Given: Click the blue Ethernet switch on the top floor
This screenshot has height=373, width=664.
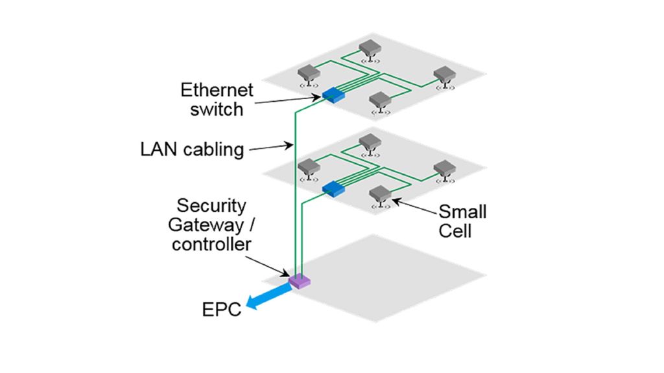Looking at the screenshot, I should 333,96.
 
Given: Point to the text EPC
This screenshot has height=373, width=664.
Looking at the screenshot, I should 220,310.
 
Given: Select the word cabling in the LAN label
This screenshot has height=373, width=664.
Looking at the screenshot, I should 213,150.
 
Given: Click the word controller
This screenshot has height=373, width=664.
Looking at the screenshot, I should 211,244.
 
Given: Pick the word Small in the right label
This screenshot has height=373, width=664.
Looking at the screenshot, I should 462,212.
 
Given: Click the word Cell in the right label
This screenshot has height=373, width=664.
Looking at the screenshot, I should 455,231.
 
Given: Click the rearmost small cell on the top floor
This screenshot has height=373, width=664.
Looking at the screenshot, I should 370,47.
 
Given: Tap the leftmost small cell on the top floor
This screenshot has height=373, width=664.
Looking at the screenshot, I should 307,73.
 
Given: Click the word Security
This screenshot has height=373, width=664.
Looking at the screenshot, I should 211,207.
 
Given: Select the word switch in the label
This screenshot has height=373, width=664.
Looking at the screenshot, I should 217,109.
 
